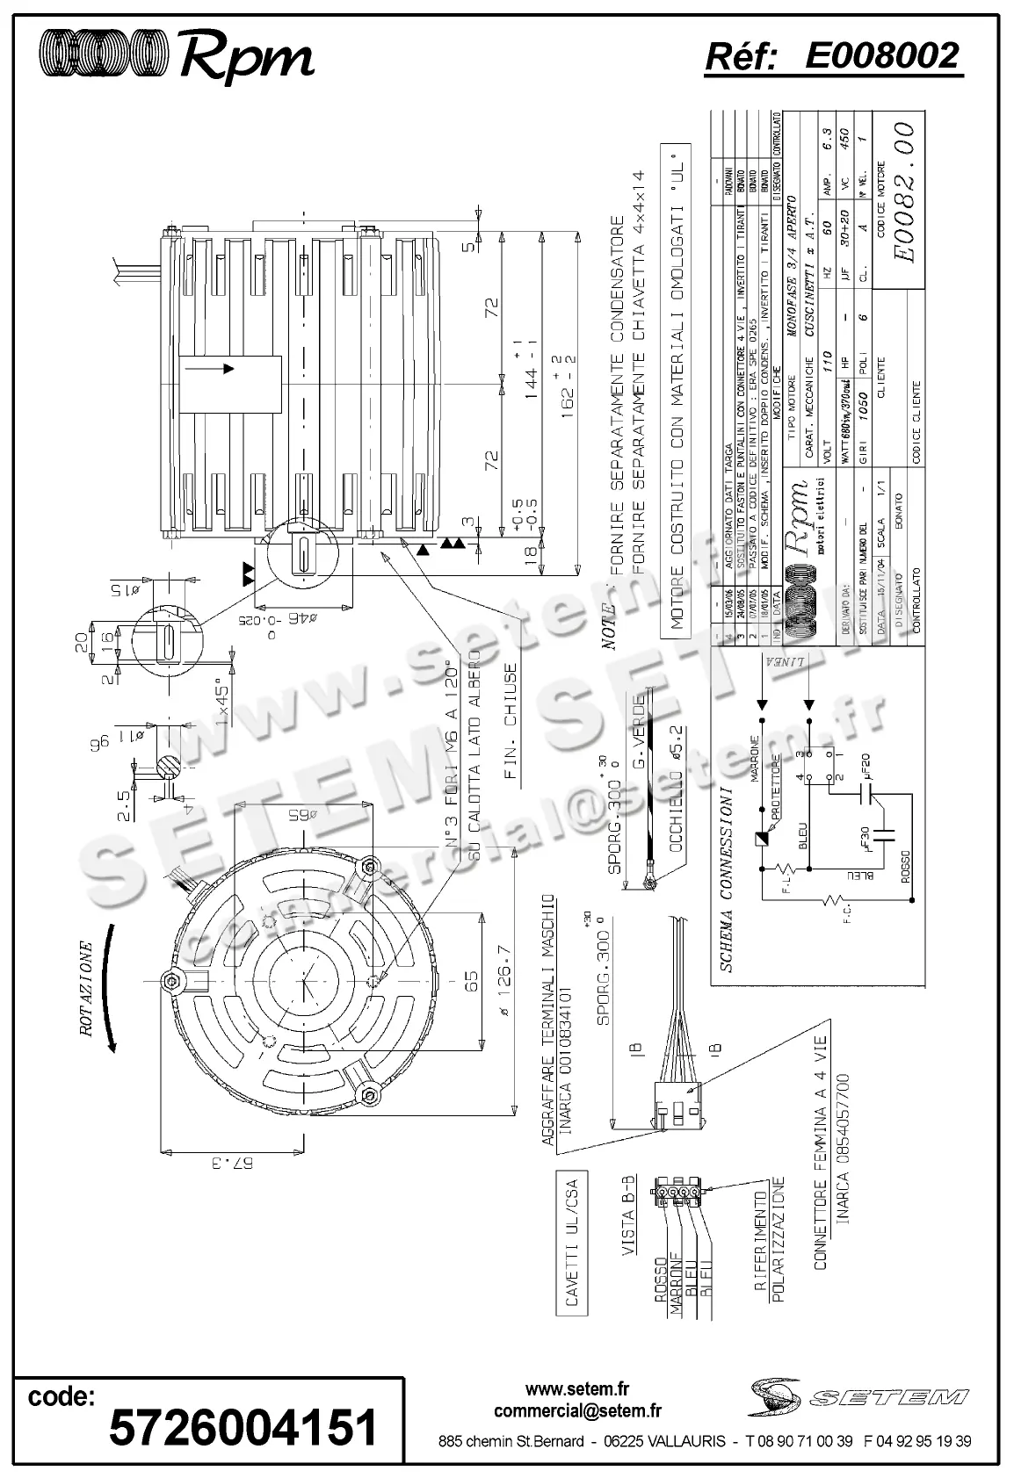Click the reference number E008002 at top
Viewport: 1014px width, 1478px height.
(880, 56)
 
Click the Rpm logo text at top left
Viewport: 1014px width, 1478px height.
(247, 58)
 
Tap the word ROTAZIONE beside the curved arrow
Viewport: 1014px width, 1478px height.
(85, 991)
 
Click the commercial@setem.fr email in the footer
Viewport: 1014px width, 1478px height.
(577, 1411)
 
